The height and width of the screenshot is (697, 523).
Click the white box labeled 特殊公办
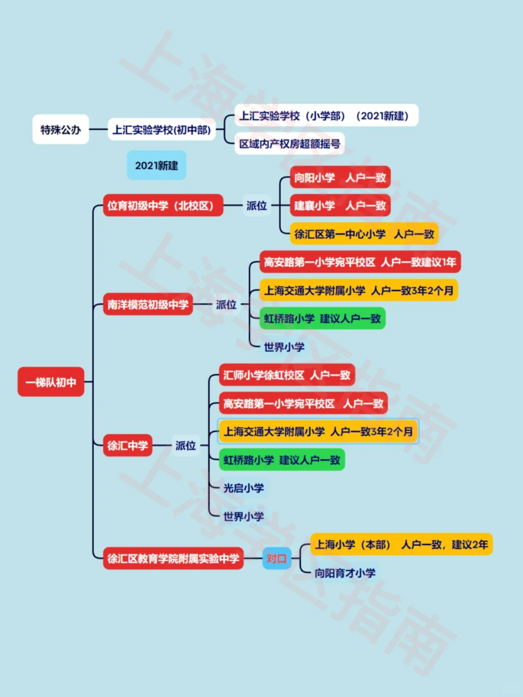coord(61,129)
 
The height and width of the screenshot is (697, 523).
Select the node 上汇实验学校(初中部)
coord(162,129)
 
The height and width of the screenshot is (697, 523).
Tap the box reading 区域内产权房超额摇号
coord(290,143)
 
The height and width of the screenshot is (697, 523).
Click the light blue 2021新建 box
coord(156,166)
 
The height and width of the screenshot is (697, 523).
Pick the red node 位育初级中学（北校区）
coord(163,205)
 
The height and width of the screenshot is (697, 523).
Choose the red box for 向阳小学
coord(340,178)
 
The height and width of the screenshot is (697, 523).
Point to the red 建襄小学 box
coord(340,206)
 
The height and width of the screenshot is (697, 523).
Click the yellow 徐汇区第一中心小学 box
coord(364,234)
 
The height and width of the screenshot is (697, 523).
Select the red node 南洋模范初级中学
coord(148,304)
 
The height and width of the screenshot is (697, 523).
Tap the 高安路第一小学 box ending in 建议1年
coord(360,262)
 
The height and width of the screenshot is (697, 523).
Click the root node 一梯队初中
coord(51,382)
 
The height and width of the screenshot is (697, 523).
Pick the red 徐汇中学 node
coord(127,445)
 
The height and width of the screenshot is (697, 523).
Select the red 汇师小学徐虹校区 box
coord(287,375)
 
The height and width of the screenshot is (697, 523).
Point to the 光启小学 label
coord(244,488)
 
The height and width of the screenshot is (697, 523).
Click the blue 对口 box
coord(277,559)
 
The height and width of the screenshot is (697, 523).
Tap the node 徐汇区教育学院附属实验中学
coord(173,559)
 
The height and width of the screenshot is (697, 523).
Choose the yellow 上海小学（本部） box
coord(401,545)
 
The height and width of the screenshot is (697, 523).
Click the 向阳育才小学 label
coord(345,573)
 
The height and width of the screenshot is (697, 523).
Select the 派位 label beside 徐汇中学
coord(185,445)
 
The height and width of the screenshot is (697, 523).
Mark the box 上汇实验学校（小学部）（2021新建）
coord(326,116)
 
